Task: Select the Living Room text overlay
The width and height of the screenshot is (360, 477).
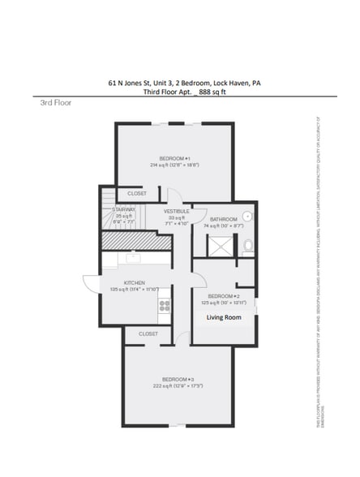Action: (224, 317)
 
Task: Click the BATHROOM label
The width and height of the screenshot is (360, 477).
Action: (223, 220)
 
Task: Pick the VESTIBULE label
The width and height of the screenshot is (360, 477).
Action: (177, 211)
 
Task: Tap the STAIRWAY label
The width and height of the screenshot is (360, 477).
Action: (123, 209)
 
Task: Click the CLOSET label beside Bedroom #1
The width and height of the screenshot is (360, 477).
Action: (137, 193)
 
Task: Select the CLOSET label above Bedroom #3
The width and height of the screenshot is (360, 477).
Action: (148, 333)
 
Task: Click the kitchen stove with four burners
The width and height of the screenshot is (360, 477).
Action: (165, 306)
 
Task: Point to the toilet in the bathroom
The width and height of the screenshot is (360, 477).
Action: (248, 245)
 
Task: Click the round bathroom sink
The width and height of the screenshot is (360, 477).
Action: (248, 217)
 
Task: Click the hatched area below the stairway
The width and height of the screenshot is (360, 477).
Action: (135, 241)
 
